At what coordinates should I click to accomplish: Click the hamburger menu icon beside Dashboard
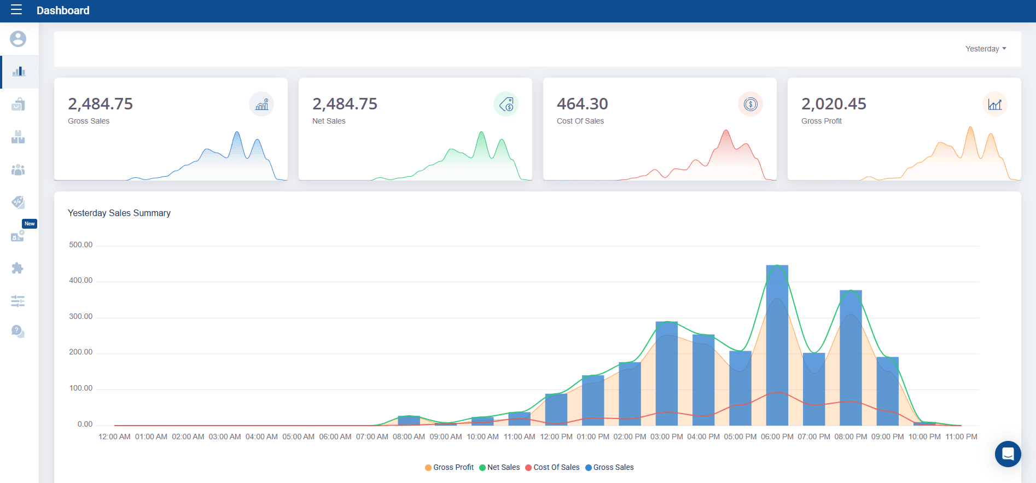point(16,10)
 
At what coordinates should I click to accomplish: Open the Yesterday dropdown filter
point(985,49)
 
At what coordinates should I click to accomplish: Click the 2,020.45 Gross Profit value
point(834,104)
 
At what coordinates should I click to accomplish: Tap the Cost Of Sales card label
point(580,121)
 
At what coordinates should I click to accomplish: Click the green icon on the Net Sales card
point(506,104)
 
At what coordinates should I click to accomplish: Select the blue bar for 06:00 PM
point(777,345)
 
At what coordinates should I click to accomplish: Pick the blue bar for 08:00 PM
point(851,358)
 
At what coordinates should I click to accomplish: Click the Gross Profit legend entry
point(450,467)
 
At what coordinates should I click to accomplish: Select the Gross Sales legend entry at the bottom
point(610,467)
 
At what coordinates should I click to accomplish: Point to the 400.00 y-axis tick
point(80,280)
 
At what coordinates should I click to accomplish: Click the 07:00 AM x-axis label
point(372,437)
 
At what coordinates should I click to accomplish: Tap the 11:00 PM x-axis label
point(961,437)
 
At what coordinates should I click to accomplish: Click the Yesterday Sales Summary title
point(119,213)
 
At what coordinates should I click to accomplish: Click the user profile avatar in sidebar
point(18,39)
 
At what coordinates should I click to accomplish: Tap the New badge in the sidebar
point(30,224)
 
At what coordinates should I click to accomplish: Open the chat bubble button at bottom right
point(1008,453)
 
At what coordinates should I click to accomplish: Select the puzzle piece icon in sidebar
point(18,268)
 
